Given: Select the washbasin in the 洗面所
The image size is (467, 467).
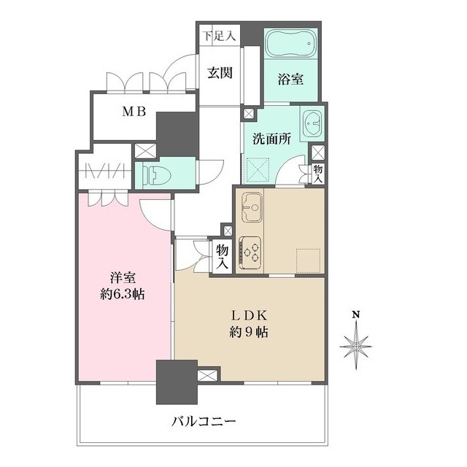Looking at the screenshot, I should (314, 121).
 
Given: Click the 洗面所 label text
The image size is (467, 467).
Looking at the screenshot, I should (269, 139).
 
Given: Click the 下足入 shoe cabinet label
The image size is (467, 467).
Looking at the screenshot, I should (219, 34).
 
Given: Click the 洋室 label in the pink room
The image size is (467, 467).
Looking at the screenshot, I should (123, 278).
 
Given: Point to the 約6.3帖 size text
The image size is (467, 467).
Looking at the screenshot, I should (123, 296).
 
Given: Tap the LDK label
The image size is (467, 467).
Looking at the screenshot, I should (248, 315).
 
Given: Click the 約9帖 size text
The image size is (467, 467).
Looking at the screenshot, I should (248, 333).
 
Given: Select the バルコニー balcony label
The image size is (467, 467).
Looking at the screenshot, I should (205, 421).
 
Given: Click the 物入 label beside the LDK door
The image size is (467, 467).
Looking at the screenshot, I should (222, 256).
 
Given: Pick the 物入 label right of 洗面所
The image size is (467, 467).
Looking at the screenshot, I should (318, 174).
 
